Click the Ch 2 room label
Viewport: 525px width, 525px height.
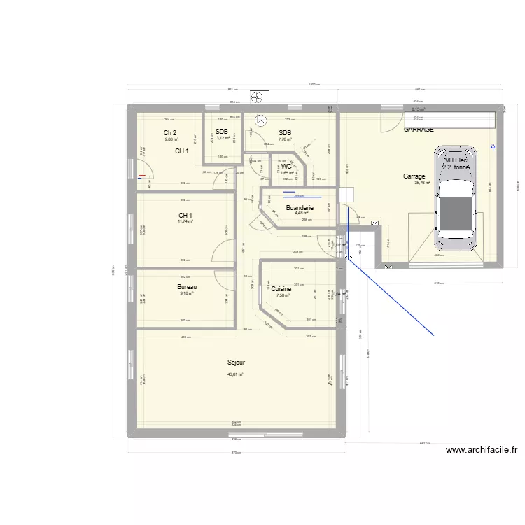[x=170, y=133]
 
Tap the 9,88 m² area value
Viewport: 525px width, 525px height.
[x=171, y=139]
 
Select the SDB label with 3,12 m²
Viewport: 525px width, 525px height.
[x=222, y=132]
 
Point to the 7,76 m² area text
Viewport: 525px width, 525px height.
[x=285, y=139]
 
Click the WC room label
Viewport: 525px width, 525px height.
[x=286, y=167]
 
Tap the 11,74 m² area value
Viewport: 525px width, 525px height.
[x=185, y=221]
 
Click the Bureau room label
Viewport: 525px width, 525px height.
[x=187, y=287]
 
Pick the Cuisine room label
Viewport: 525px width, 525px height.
[x=281, y=288]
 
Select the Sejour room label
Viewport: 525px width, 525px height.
[x=236, y=363]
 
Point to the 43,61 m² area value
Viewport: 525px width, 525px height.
[x=235, y=374]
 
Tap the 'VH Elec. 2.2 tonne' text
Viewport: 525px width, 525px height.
[x=456, y=164]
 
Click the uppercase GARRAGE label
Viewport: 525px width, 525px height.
[x=419, y=129]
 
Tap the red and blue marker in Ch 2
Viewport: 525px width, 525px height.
[x=143, y=176]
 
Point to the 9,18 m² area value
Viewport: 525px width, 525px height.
[x=186, y=293]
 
